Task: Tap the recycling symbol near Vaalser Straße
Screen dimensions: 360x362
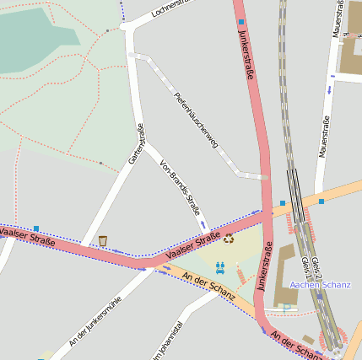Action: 229,239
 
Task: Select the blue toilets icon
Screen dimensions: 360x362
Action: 219,266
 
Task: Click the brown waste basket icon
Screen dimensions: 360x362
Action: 103,241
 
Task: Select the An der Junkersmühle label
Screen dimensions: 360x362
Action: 95,321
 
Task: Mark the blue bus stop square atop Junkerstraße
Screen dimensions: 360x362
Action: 241,22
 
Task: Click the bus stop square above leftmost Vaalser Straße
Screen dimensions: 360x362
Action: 36,228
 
